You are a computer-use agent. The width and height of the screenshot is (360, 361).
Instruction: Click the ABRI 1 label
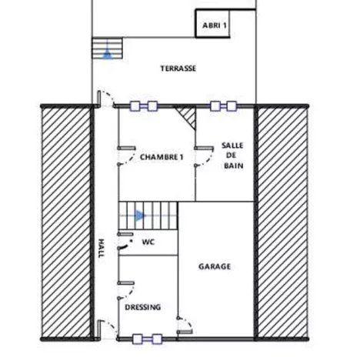(x=215, y=25)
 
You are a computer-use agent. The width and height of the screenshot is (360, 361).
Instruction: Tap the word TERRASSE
(x=178, y=69)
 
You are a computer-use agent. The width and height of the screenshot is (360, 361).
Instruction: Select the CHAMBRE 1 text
(x=162, y=156)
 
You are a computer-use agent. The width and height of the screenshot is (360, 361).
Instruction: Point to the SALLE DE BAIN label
(x=232, y=155)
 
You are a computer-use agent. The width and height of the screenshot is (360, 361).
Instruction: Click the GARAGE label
(x=215, y=266)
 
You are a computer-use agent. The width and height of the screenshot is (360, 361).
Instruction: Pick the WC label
(x=148, y=241)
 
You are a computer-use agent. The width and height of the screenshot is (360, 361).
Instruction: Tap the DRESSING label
(x=142, y=306)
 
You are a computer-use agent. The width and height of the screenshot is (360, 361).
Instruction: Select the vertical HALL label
(x=100, y=247)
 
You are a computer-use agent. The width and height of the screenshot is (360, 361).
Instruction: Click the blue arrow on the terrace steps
(x=108, y=53)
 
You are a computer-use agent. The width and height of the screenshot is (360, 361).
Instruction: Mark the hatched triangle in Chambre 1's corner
(x=185, y=119)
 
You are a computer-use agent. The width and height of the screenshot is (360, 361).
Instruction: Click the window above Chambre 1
(x=145, y=105)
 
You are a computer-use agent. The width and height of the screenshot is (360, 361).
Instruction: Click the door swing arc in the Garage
(x=185, y=323)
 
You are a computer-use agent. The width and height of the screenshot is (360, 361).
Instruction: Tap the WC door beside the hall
(x=122, y=245)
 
